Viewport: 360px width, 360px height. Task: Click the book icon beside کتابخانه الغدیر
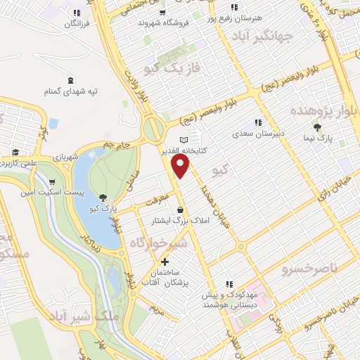(184, 139)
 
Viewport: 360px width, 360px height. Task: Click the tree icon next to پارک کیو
(104, 198)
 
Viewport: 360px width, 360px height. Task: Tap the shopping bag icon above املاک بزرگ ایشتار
(181, 210)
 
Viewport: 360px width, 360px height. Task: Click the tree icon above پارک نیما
(318, 127)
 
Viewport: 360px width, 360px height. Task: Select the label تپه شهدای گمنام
(71, 92)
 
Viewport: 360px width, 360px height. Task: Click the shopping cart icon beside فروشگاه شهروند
(162, 12)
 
